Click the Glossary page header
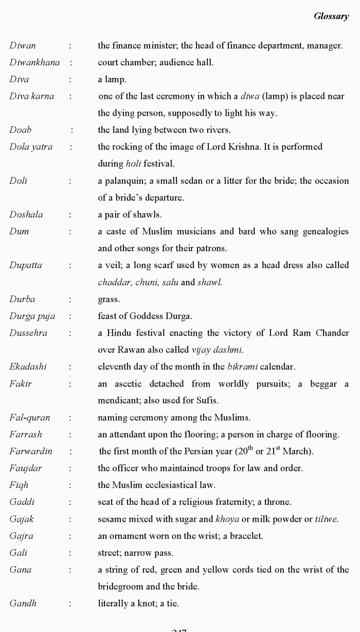pyautogui.click(x=331, y=16)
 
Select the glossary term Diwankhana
pyautogui.click(x=34, y=63)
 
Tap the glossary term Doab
pyautogui.click(x=21, y=130)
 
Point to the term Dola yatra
pyautogui.click(x=31, y=147)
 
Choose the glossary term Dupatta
pyautogui.click(x=26, y=266)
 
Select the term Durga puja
pyautogui.click(x=32, y=317)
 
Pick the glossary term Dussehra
pyautogui.click(x=28, y=333)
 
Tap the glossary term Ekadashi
pyautogui.click(x=28, y=367)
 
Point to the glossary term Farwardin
pyautogui.click(x=31, y=451)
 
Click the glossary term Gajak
pyautogui.click(x=22, y=519)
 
